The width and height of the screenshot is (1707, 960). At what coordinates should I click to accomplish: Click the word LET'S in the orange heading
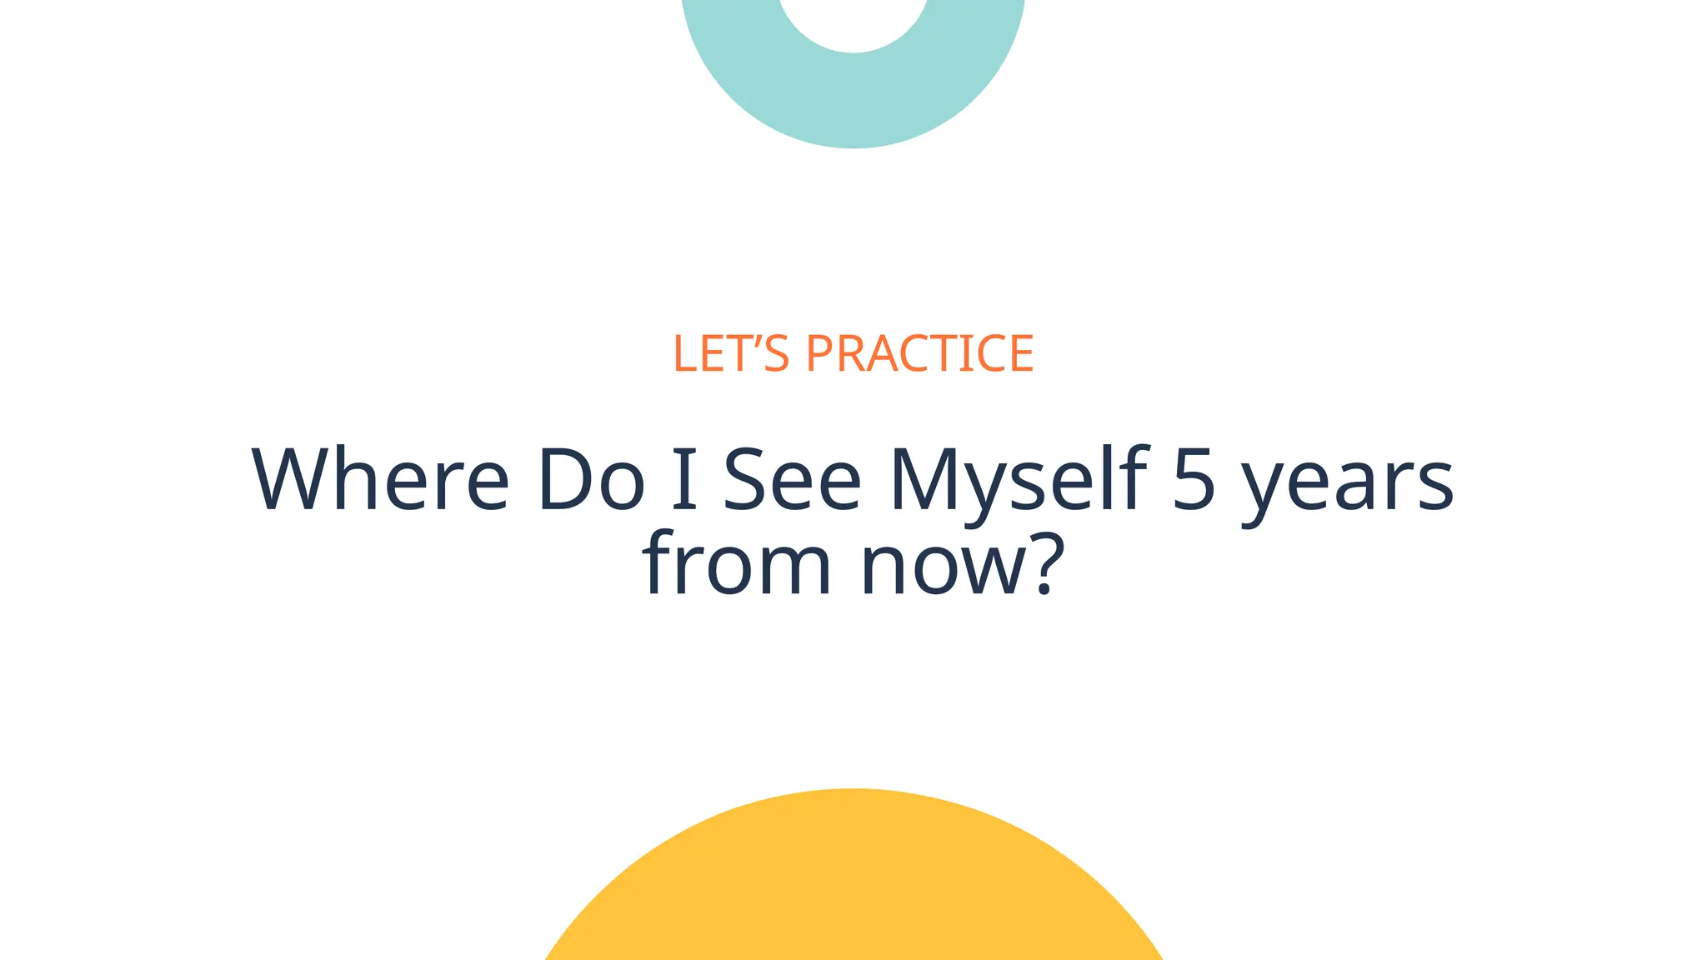[730, 353]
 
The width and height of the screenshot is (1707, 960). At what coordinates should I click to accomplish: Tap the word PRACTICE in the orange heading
[919, 353]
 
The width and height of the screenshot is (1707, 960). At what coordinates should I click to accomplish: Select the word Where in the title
[380, 480]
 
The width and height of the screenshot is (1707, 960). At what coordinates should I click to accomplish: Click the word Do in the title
[591, 480]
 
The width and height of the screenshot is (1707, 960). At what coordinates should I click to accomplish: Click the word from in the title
[737, 563]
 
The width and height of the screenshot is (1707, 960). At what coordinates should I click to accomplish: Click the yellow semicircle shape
[853, 883]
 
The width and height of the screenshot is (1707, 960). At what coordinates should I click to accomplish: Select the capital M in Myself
[925, 480]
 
